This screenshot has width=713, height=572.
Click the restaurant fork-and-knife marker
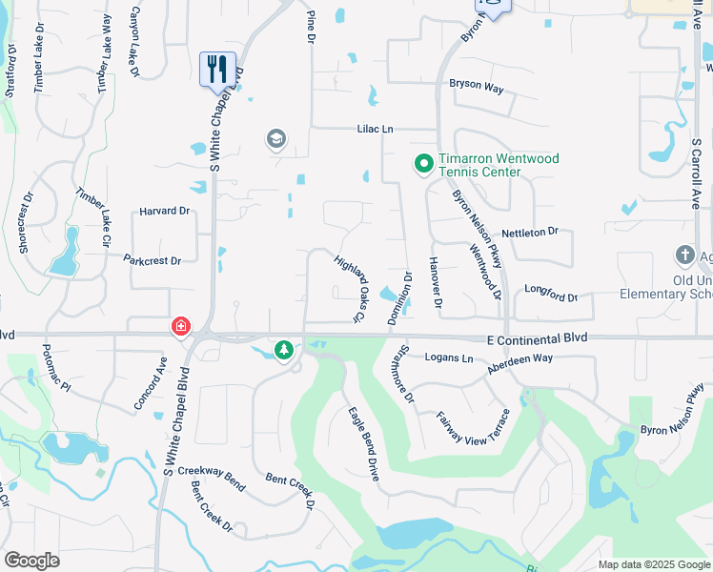[217, 69]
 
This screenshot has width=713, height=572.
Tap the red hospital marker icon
[180, 328]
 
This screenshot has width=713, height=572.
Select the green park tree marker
[284, 351]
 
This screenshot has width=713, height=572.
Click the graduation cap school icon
[276, 140]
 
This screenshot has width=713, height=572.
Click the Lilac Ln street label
[375, 129]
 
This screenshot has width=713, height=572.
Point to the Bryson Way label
[476, 85]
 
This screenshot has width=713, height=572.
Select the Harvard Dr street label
[164, 211]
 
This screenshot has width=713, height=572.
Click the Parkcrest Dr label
[153, 258]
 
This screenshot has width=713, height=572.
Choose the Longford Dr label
[551, 297]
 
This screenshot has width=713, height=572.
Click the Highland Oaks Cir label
[350, 288]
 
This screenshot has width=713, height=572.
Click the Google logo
[31, 561]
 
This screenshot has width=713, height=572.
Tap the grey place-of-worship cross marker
[683, 255]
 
